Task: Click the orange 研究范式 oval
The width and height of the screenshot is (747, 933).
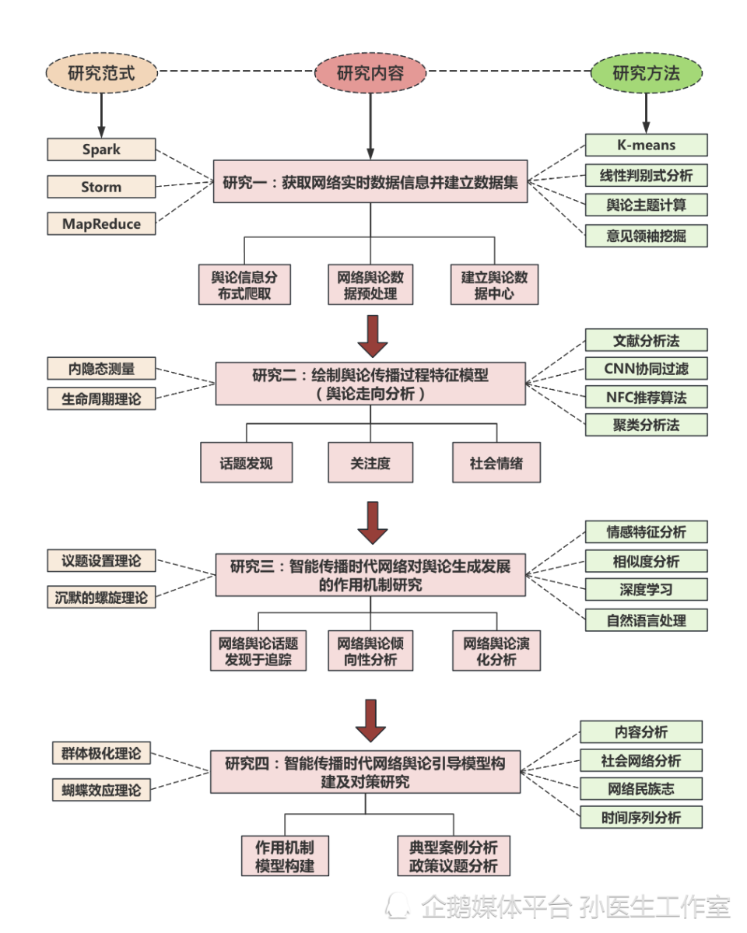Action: [x=101, y=74]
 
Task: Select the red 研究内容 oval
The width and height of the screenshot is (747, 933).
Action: [x=370, y=74]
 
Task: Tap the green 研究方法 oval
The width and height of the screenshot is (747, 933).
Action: [x=646, y=74]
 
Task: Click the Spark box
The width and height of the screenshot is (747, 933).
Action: [x=101, y=149]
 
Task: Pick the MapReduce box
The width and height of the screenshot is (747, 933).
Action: [x=101, y=224]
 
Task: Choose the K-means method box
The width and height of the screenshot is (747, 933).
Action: [x=646, y=145]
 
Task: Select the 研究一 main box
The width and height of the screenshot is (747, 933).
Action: [x=370, y=184]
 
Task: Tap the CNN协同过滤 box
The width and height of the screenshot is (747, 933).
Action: [x=646, y=368]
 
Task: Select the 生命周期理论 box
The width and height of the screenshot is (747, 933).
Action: [x=101, y=398]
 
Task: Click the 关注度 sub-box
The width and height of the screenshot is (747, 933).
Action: [x=370, y=463]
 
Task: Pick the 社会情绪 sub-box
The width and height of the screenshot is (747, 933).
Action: [x=496, y=463]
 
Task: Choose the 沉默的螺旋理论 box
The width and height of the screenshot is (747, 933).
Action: [x=101, y=597]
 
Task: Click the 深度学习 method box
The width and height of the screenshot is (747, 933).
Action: [x=646, y=590]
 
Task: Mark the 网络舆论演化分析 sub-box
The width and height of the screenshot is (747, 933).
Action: [x=496, y=651]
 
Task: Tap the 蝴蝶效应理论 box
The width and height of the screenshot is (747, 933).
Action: [x=101, y=789]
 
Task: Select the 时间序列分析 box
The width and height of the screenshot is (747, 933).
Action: [x=641, y=817]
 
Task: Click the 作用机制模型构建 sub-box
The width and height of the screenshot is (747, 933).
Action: [x=285, y=856]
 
